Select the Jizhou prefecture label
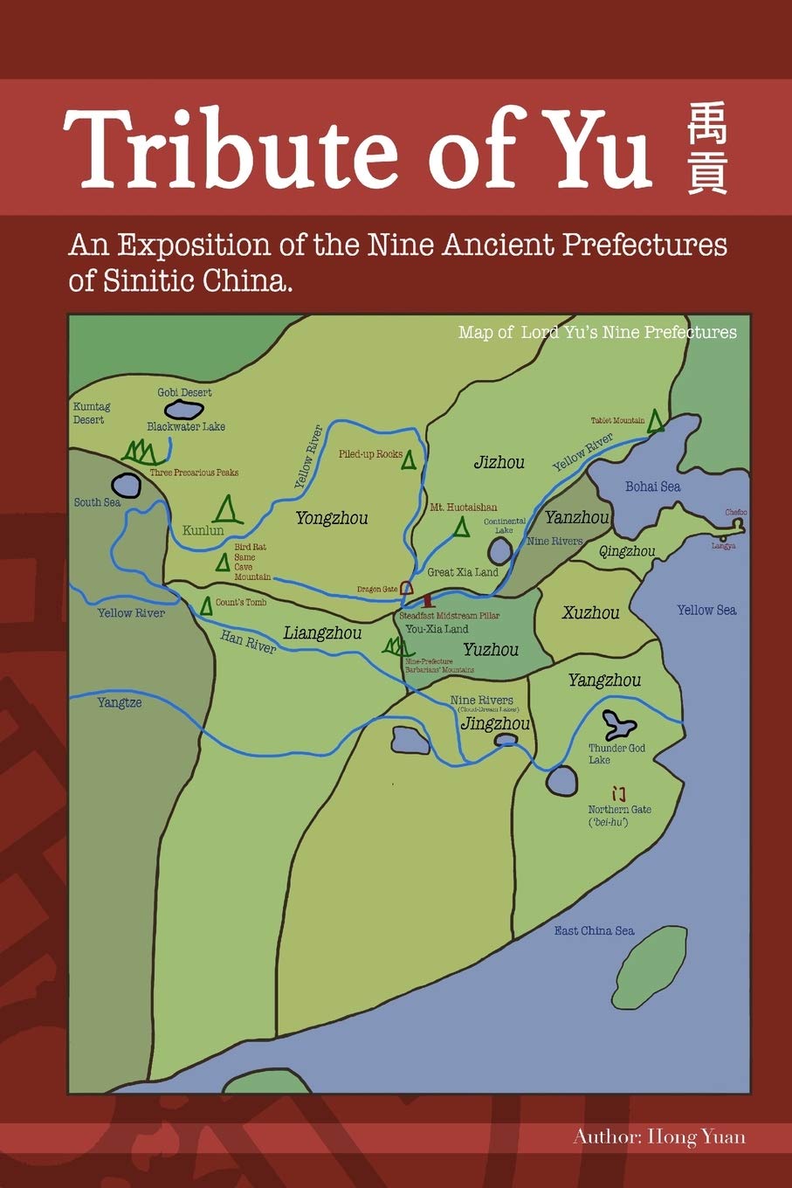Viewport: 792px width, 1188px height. pos(499,462)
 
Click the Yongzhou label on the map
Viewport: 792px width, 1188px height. pos(331,518)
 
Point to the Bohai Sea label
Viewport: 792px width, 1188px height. pos(652,487)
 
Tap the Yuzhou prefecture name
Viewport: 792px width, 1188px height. pos(491,649)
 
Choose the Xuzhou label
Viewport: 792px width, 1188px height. pos(590,612)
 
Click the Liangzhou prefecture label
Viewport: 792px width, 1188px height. pos(322,633)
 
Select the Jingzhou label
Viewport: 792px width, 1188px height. pos(494,724)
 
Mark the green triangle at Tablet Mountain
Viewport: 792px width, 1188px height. pos(655,422)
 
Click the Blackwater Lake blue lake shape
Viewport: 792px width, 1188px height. pos(184,409)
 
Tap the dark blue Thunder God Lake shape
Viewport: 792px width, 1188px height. pos(619,722)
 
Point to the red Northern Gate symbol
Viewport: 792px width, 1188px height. pos(619,793)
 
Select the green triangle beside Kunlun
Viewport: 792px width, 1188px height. pos(227,509)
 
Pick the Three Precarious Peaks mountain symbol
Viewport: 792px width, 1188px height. pos(141,452)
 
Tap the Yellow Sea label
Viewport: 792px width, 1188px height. pos(706,610)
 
